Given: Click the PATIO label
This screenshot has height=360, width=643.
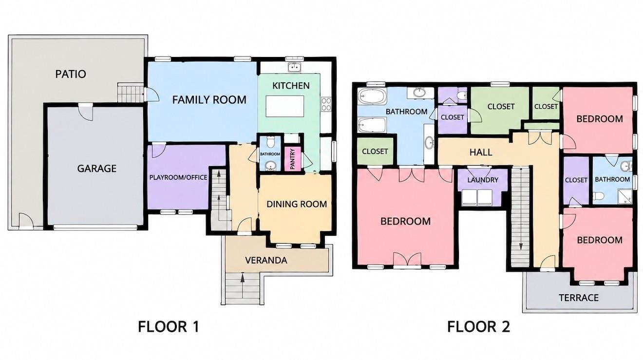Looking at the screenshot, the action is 71,74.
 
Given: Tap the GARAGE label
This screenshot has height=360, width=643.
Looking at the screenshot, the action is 97,169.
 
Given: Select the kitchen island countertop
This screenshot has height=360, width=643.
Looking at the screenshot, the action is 285,106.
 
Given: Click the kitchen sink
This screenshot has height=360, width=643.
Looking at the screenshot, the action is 294,67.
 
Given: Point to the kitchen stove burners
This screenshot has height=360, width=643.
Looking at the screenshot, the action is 326,104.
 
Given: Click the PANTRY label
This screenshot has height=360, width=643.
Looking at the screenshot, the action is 292,159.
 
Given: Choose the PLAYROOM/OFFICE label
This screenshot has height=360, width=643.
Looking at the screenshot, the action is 178,177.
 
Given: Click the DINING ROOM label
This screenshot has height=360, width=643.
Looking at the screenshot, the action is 297,204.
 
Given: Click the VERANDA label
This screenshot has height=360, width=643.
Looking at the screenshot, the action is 266,261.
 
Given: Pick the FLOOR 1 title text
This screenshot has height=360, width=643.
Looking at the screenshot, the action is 169,327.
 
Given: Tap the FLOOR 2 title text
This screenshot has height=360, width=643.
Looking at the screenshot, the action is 478,327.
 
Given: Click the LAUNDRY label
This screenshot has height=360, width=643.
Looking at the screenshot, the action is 483,180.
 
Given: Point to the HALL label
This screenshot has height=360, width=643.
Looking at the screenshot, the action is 481,152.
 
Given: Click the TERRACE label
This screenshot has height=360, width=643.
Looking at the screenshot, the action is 579,298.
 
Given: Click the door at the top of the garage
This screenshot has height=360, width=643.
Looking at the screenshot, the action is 86,112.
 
